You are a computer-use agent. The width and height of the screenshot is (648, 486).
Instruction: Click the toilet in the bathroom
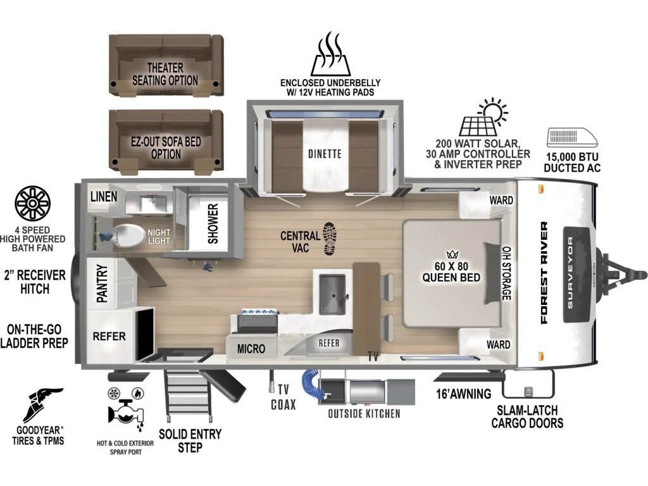127,235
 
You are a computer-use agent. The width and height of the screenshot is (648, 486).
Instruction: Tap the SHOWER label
213,223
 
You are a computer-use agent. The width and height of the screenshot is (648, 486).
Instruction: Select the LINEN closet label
104,196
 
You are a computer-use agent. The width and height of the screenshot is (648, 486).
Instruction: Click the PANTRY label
102,283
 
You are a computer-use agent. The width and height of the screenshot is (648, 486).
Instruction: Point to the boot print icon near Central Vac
329,239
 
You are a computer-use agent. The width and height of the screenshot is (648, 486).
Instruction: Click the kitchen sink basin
332,294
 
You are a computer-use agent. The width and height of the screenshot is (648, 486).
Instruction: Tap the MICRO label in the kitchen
251,349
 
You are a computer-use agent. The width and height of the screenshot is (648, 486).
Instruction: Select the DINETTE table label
325,154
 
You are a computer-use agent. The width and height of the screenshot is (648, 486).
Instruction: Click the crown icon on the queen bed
450,254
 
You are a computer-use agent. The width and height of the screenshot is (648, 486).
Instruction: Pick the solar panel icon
483,117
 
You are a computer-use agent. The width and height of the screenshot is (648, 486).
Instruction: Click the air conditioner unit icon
572,137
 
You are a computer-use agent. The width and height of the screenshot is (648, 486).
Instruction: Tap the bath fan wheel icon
32,203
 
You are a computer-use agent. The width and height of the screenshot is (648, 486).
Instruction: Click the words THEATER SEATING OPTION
165,74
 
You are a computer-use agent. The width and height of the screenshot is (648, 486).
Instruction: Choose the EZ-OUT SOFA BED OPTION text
166,147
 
